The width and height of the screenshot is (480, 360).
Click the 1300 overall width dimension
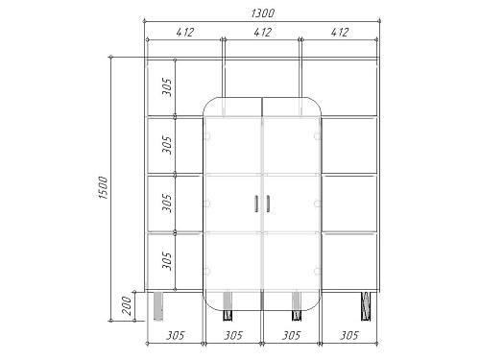pyautogui.click(x=263, y=13)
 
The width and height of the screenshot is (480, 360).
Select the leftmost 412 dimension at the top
pyautogui.click(x=185, y=33)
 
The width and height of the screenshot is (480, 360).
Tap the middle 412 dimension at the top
pyautogui.click(x=262, y=33)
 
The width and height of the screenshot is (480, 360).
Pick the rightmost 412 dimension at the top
pyautogui.click(x=340, y=33)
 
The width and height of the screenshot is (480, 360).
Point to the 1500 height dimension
pyautogui.click(x=104, y=187)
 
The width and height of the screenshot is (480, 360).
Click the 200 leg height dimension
pyautogui.click(x=127, y=305)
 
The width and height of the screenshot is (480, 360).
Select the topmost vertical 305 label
pyautogui.click(x=167, y=87)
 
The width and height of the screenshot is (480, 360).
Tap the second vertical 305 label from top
pyautogui.click(x=167, y=145)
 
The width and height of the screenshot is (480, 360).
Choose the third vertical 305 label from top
pyautogui.click(x=167, y=203)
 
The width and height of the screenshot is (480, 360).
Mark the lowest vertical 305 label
pyautogui.click(x=167, y=261)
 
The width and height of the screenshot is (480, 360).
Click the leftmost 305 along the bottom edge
pyautogui.click(x=176, y=335)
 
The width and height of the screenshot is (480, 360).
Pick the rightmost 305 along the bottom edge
pyautogui.click(x=349, y=335)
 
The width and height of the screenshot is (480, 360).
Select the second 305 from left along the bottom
pyautogui.click(x=233, y=335)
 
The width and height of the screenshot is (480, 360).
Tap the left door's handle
pyautogui.click(x=256, y=204)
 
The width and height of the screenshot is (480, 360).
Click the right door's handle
pyautogui.click(x=268, y=204)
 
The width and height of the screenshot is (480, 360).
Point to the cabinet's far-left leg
pyautogui.click(x=157, y=306)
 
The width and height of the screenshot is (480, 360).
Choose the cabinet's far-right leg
pyautogui.click(x=366, y=306)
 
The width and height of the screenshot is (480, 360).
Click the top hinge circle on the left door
pyautogui.click(x=207, y=136)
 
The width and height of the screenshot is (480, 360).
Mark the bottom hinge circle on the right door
pyautogui.click(x=317, y=272)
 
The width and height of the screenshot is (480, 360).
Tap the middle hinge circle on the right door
pyautogui.click(x=317, y=204)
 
